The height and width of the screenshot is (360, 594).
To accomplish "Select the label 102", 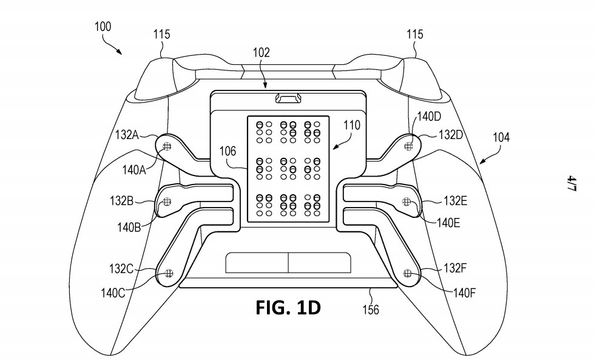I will coord(262,53).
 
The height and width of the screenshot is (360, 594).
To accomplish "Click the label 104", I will coord(501,138).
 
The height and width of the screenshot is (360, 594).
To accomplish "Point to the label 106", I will coord(228,151).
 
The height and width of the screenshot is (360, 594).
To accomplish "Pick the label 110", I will coord(352,126).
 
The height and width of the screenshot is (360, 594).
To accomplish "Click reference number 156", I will coord(370,310).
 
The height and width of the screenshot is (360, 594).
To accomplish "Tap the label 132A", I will coord(127,134).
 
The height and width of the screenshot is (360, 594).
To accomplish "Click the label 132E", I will coord(455,201).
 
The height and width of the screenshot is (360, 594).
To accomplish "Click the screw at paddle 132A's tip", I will coord(167,145).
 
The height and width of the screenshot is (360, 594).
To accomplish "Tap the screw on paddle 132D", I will coord(409,145).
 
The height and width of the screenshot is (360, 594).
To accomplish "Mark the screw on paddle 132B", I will coord(168,201).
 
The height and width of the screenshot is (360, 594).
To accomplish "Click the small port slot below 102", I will coord(288,98).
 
